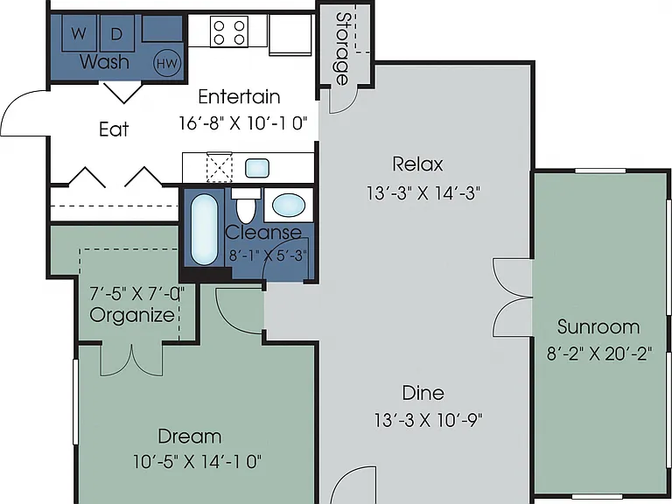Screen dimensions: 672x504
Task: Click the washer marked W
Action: pyautogui.click(x=80, y=33)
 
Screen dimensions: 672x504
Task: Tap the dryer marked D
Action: pyautogui.click(x=116, y=33)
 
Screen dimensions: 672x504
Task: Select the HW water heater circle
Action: pyautogui.click(x=167, y=63)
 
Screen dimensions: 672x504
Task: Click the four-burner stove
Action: pyautogui.click(x=229, y=31)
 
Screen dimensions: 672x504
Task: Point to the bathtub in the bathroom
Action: pyautogui.click(x=204, y=230)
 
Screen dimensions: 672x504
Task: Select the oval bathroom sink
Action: pyautogui.click(x=289, y=206)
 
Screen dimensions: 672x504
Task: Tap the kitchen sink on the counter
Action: pyautogui.click(x=257, y=168)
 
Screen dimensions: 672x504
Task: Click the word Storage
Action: pyautogui.click(x=342, y=48)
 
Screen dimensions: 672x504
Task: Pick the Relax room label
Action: pyautogui.click(x=417, y=164)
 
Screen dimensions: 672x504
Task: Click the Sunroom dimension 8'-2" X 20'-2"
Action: pyautogui.click(x=599, y=354)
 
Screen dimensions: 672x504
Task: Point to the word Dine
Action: pyautogui.click(x=423, y=393)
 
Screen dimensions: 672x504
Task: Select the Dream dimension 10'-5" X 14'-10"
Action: pyautogui.click(x=197, y=462)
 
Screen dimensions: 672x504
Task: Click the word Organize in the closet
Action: pyautogui.click(x=132, y=315)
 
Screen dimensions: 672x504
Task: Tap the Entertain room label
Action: pyautogui.click(x=239, y=96)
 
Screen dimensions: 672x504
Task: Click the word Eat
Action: pyautogui.click(x=114, y=129)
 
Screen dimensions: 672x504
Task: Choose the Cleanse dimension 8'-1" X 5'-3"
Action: pyautogui.click(x=269, y=255)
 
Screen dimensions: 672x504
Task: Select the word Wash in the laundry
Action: pyautogui.click(x=105, y=62)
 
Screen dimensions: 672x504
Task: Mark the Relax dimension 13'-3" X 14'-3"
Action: pyautogui.click(x=423, y=193)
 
